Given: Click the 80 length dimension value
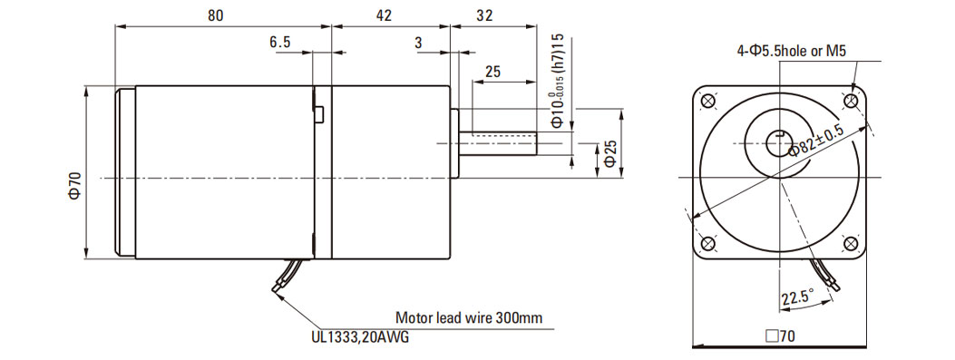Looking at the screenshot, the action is pos(215,15).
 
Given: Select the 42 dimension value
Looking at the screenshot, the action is pos(384,15).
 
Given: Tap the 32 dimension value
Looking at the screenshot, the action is pos(484,15).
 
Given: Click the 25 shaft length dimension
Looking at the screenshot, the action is pos(492,72).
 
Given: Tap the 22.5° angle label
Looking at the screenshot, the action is pos(798,297).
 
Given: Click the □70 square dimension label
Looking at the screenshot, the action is pos(780,336).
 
